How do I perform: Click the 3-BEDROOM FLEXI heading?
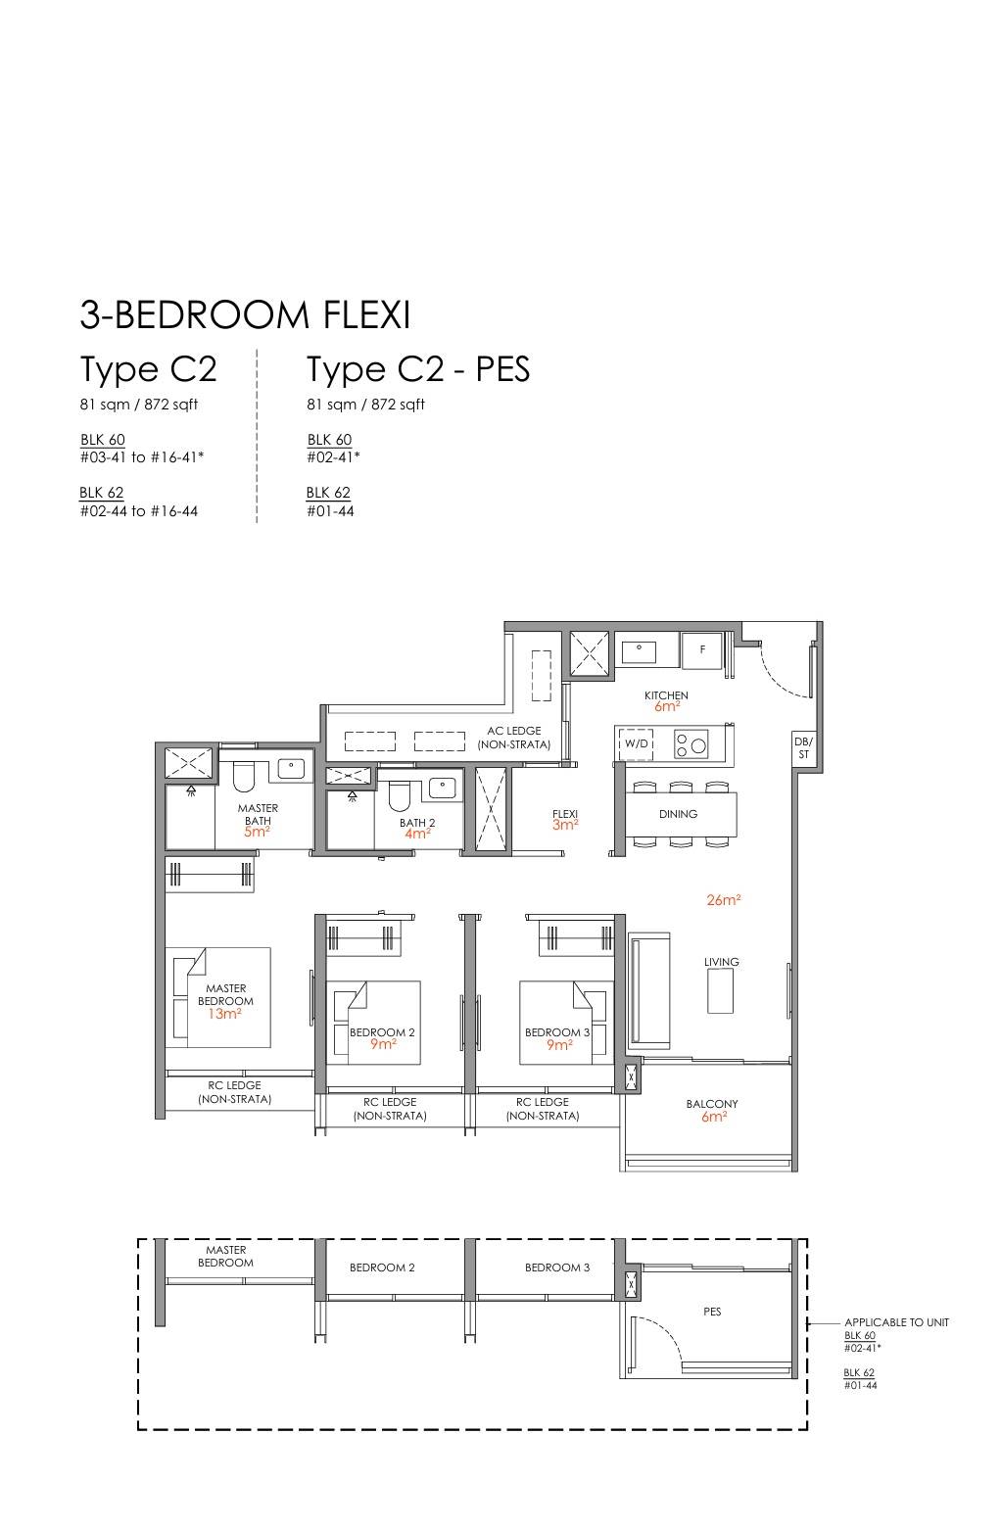point(245,314)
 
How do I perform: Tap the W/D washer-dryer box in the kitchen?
point(636,743)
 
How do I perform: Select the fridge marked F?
point(701,650)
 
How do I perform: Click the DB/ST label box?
point(804,748)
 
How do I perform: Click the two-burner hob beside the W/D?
point(691,743)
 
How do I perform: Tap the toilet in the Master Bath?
point(244,775)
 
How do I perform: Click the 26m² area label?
point(724,899)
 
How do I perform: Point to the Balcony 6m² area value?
point(714,1116)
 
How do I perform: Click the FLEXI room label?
point(565,814)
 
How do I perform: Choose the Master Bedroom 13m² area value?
point(224,1014)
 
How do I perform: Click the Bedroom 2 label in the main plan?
point(382,1032)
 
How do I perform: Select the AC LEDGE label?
point(513,730)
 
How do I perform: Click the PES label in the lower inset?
point(712,1311)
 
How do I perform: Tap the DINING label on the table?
point(678,814)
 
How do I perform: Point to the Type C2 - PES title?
point(418,369)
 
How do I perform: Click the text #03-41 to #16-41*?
point(142,457)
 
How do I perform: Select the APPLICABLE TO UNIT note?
point(896,1322)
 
